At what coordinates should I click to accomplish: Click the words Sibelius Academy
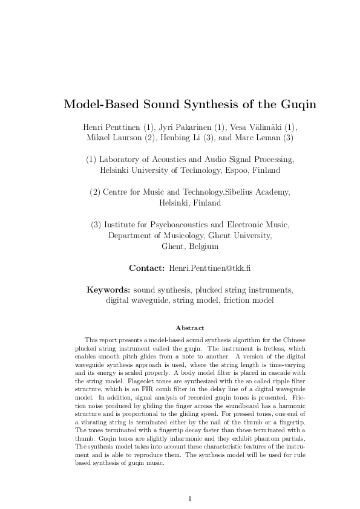258,192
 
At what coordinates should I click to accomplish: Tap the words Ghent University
244,236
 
